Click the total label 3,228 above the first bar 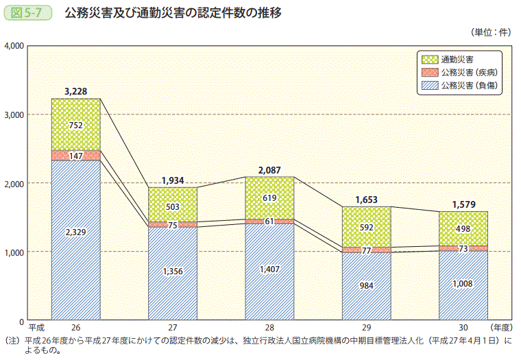(75, 91)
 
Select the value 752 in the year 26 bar (76, 125)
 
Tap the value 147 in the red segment (76, 156)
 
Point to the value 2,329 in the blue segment (76, 233)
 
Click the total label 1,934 (173, 180)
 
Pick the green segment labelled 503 (173, 207)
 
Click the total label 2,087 (270, 169)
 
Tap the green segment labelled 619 (270, 197)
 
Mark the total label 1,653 (367, 200)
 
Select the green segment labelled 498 (463, 228)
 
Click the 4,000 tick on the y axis (14, 46)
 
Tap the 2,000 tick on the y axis (14, 184)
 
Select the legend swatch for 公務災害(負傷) (430, 86)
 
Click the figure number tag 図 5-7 (27, 13)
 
